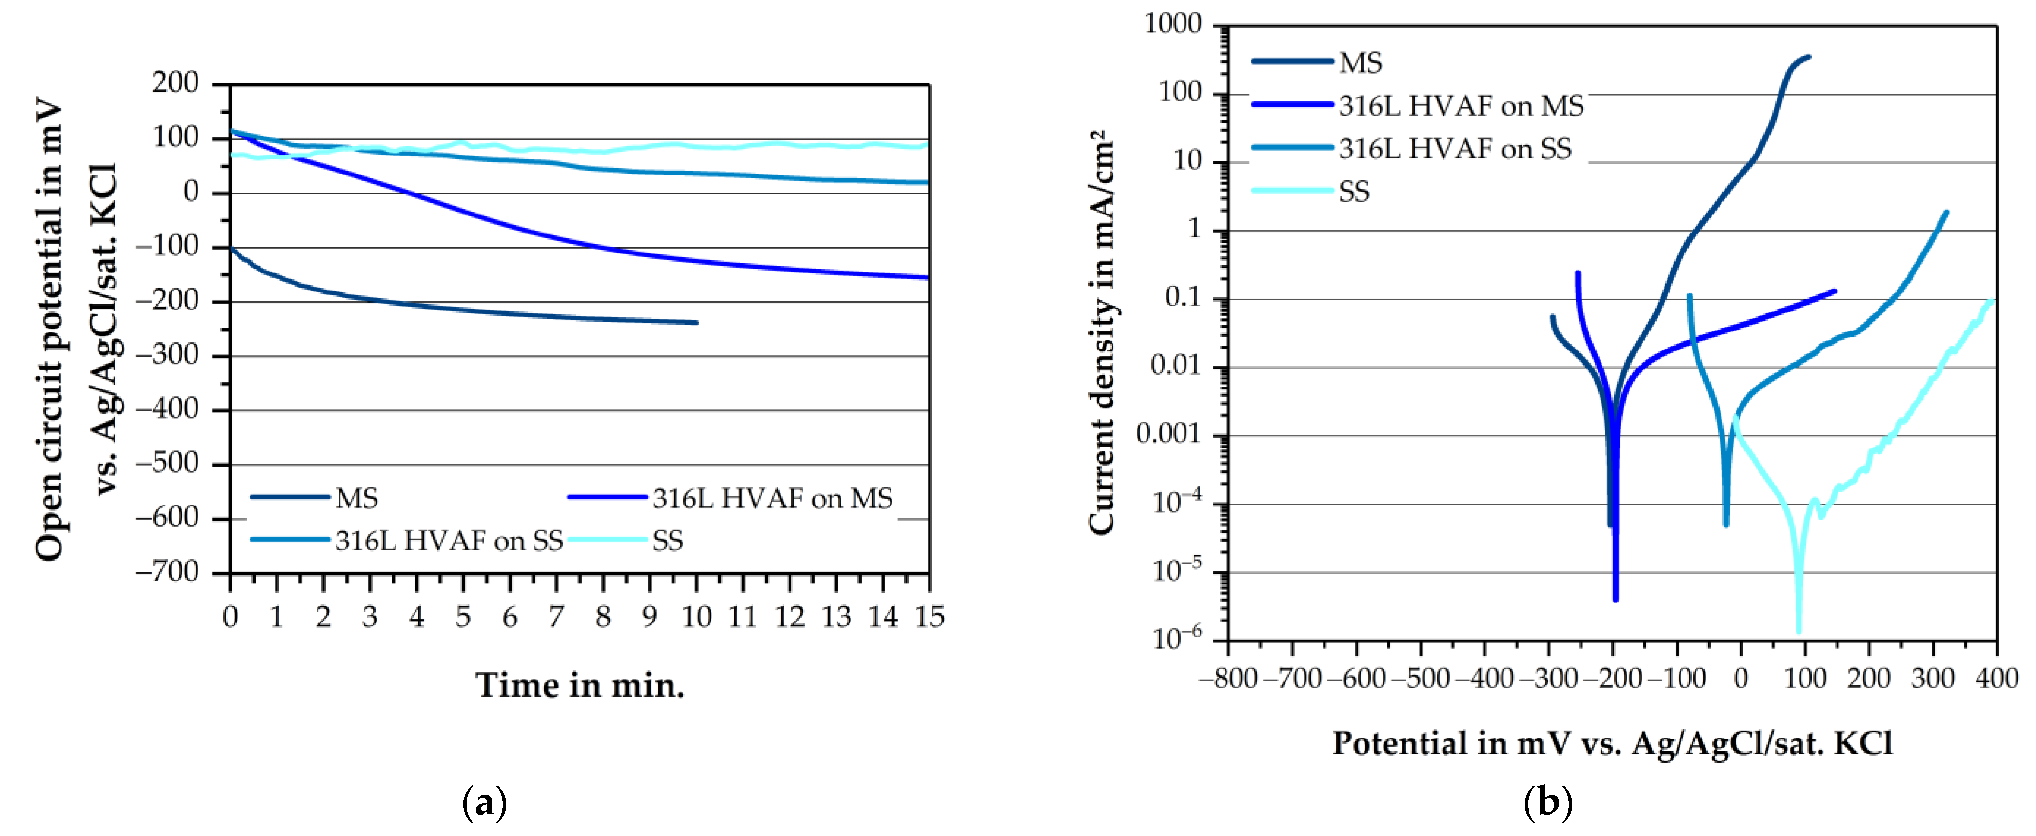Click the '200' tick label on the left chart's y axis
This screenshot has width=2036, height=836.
(x=176, y=83)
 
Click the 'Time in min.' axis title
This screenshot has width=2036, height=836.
(x=579, y=685)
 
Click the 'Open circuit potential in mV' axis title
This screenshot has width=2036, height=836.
(x=49, y=328)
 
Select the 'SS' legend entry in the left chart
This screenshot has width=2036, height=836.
(x=667, y=541)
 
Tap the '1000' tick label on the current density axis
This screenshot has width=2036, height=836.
(x=1173, y=24)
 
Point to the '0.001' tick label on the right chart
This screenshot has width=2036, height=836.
(x=1168, y=434)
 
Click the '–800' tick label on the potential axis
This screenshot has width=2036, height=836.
(x=1227, y=679)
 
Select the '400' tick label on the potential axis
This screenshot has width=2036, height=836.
(x=1996, y=679)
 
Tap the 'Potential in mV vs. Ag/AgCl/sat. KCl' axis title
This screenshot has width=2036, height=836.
(x=1612, y=743)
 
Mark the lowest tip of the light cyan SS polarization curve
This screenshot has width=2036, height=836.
(x=1799, y=631)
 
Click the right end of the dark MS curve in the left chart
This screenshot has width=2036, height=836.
(x=696, y=322)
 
